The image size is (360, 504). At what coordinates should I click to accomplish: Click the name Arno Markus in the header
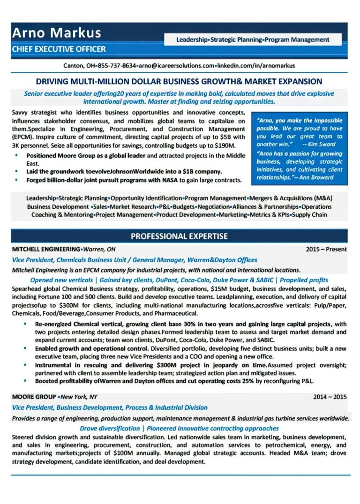click(x=56, y=33)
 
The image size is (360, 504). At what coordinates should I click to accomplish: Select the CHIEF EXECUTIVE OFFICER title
click(x=59, y=49)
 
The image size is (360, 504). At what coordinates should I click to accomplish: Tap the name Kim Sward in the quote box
click(x=324, y=144)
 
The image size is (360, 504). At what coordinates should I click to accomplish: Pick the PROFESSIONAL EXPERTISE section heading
click(x=179, y=236)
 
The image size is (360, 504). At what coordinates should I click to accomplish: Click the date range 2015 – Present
click(x=326, y=249)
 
